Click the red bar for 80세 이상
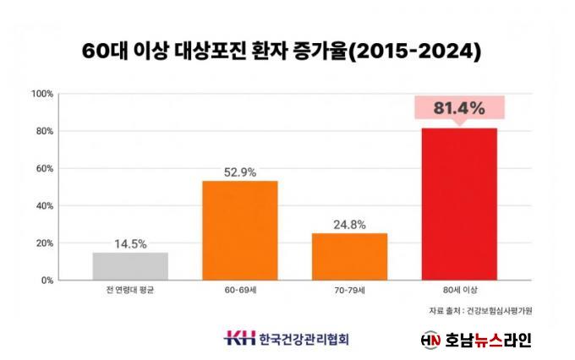[x=459, y=204]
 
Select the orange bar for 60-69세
[x=239, y=230]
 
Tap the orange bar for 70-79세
[x=349, y=256]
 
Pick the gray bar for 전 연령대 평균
[x=130, y=265]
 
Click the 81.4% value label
[x=459, y=108]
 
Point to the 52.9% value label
[x=239, y=172]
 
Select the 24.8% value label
[x=349, y=224]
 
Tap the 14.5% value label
[x=130, y=243]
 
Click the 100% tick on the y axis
[x=42, y=94]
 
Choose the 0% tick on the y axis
[x=47, y=280]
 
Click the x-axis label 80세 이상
[x=459, y=291]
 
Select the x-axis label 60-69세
[x=239, y=291]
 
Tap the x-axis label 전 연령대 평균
[x=130, y=291]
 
